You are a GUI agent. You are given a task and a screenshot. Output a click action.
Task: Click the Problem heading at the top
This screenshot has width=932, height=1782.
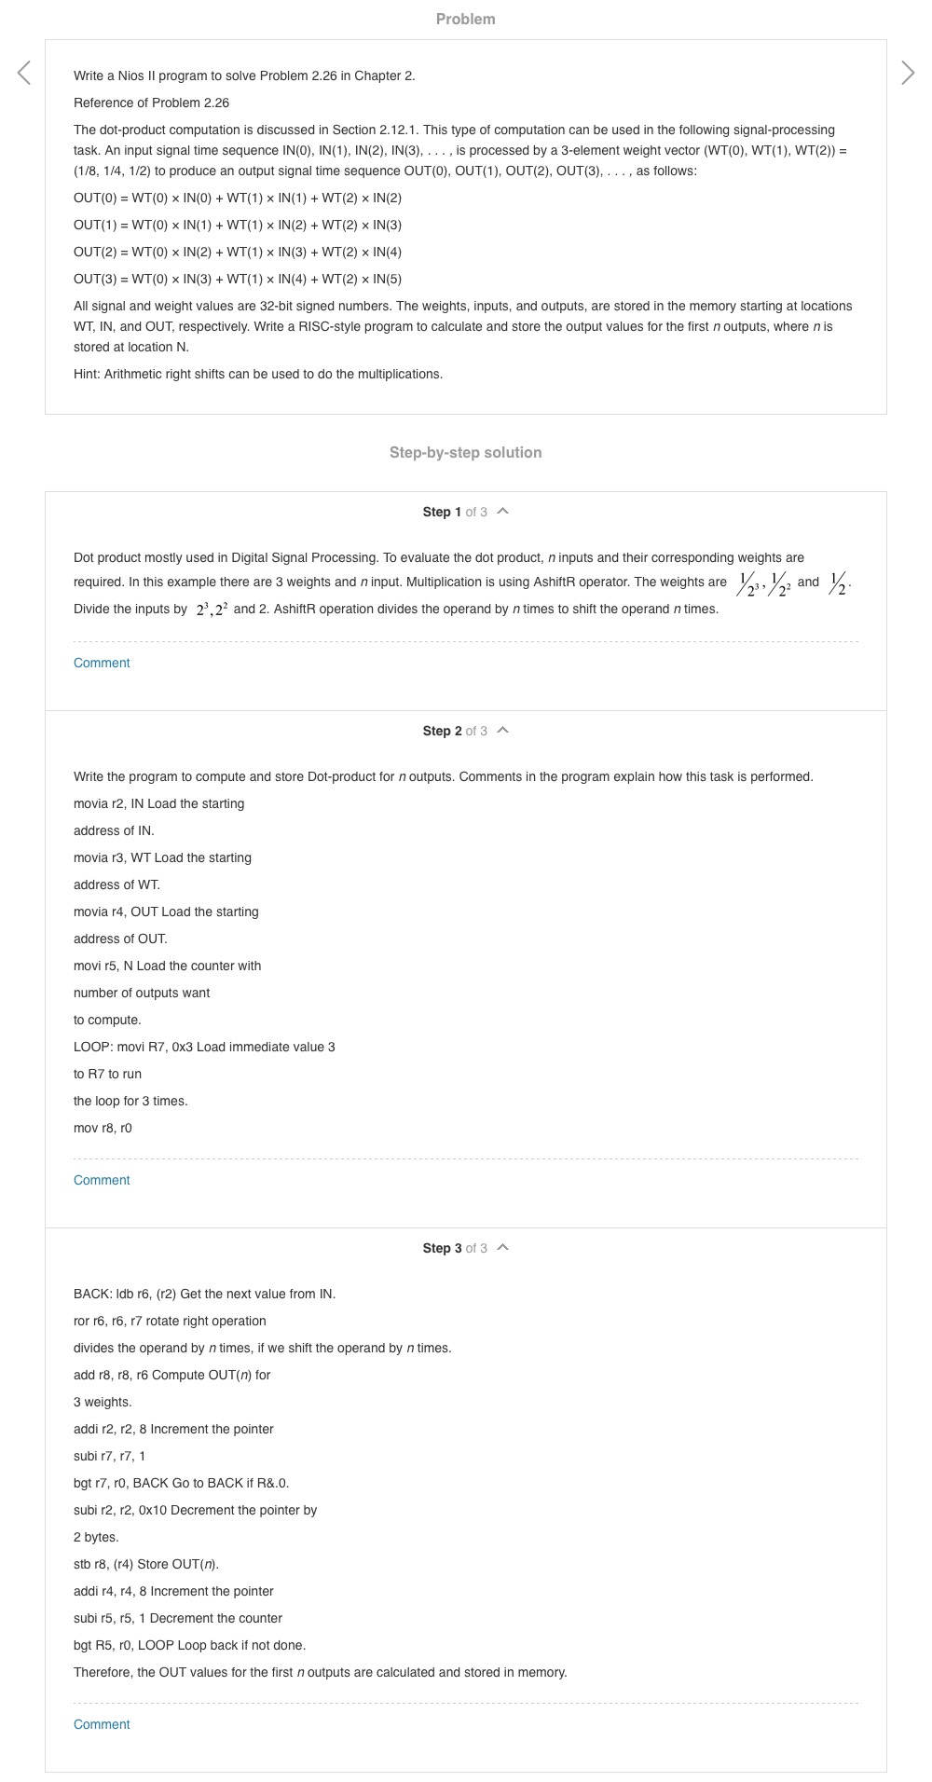coord(465,19)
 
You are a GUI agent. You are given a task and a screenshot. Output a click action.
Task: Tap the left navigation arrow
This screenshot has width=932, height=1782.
coord(24,73)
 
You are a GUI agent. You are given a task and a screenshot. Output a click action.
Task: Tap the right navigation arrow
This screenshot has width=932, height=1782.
coord(908,73)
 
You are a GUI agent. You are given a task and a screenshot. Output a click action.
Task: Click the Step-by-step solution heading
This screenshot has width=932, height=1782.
coord(465,452)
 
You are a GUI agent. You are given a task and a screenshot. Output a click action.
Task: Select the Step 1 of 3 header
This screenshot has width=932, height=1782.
coord(455,512)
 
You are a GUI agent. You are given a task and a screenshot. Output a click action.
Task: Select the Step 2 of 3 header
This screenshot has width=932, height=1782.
coord(455,731)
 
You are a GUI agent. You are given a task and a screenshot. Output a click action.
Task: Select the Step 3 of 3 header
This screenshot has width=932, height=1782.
coord(455,1248)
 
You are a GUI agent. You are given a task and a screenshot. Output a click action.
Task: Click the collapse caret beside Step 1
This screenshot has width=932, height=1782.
coord(503,511)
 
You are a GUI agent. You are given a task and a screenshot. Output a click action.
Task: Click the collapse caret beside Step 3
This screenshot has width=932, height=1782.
coord(503,1247)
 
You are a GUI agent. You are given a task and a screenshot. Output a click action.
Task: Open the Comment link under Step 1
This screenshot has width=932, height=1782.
coord(102,663)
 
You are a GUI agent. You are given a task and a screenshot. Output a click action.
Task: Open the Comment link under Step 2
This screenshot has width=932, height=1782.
coord(102,1180)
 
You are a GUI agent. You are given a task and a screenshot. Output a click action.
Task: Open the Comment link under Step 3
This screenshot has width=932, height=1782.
coord(102,1724)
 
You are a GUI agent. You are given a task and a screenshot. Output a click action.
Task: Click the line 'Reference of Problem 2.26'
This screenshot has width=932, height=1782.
coord(151,103)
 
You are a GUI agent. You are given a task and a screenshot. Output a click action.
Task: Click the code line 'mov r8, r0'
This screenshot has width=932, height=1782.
coord(103,1128)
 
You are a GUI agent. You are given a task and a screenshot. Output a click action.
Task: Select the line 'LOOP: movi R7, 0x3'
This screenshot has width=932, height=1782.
coord(204,1047)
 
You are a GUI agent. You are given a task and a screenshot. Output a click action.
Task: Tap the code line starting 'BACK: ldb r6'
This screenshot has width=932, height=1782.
coord(204,1294)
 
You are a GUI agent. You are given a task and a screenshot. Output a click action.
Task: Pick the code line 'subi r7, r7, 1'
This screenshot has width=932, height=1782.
coord(109,1456)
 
